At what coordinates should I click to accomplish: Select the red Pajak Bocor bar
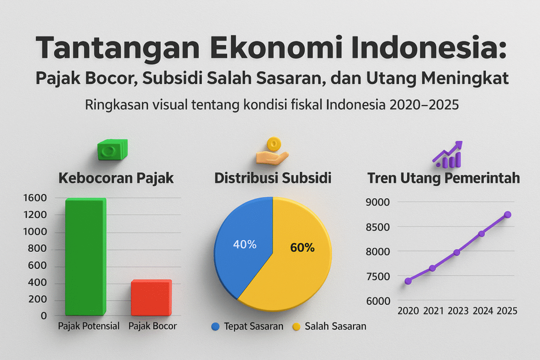tap(151, 298)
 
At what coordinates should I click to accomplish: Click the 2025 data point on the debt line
tap(508, 215)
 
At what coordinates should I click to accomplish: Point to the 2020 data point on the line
tap(408, 281)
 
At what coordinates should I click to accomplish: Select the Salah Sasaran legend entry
tap(329, 327)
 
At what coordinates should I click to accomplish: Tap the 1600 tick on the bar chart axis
tap(35, 198)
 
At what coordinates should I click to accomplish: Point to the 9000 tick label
tap(378, 202)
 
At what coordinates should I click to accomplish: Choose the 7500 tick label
tap(378, 276)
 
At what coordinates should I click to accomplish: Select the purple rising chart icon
tap(448, 154)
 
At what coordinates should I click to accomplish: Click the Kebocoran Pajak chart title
tap(116, 178)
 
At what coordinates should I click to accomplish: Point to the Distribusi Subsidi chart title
tap(273, 178)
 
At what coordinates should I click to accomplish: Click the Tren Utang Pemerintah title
tap(443, 178)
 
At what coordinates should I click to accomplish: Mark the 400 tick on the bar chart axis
tap(38, 283)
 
